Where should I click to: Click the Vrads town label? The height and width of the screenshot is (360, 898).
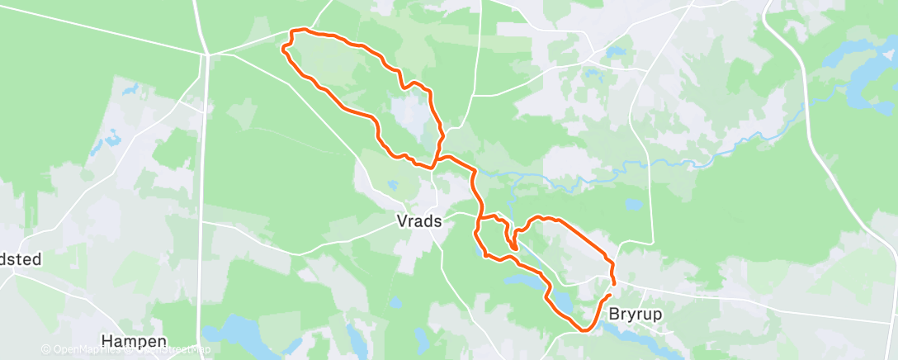point(419,221)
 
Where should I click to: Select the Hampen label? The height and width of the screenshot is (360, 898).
point(133,340)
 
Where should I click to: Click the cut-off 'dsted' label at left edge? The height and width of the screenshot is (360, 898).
point(20,258)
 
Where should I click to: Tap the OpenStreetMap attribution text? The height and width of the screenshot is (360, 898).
point(173,349)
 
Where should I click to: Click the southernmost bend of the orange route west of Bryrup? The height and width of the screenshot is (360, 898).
point(584,329)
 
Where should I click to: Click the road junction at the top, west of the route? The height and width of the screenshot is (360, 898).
point(206,54)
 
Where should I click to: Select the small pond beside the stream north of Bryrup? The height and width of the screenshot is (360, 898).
point(632,203)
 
